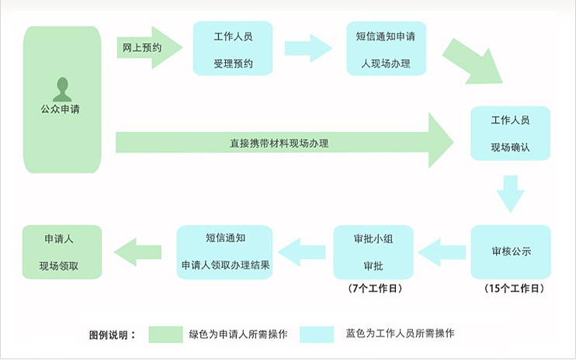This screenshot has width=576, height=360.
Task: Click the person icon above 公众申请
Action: click(62, 89)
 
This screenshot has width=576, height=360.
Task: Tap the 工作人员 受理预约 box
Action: click(233, 49)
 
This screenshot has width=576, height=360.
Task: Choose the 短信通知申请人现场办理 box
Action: click(386, 49)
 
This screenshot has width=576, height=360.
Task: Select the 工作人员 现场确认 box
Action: click(510, 133)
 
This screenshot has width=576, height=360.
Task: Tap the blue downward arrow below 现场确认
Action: click(510, 193)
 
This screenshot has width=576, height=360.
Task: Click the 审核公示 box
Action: click(510, 252)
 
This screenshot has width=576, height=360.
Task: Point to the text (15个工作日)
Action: click(513, 289)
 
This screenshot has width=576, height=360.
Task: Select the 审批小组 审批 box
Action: click(373, 252)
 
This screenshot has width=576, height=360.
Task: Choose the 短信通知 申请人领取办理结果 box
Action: click(225, 252)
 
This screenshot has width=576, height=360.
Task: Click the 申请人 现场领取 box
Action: click(61, 252)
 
